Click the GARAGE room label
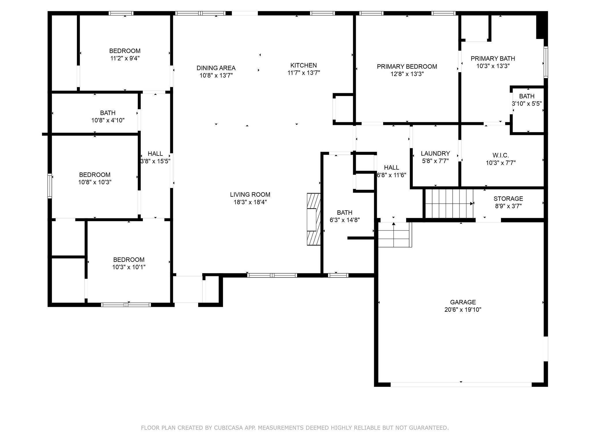tap(463, 302)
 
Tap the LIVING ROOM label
tap(250, 195)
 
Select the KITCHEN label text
tap(304, 65)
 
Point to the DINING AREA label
tap(216, 68)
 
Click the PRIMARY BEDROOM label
tap(407, 67)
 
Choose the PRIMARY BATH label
tap(493, 59)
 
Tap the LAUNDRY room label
tap(435, 153)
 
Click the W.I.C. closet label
tap(501, 155)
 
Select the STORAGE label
tap(508, 199)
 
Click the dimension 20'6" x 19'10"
tap(463, 310)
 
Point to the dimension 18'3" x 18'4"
tap(250, 202)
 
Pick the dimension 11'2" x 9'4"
tap(125, 58)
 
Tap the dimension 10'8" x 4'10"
tap(108, 120)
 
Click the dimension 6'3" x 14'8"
tap(345, 220)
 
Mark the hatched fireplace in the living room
tap(314, 219)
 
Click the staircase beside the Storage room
tap(449, 203)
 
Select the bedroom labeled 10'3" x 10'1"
tap(129, 263)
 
